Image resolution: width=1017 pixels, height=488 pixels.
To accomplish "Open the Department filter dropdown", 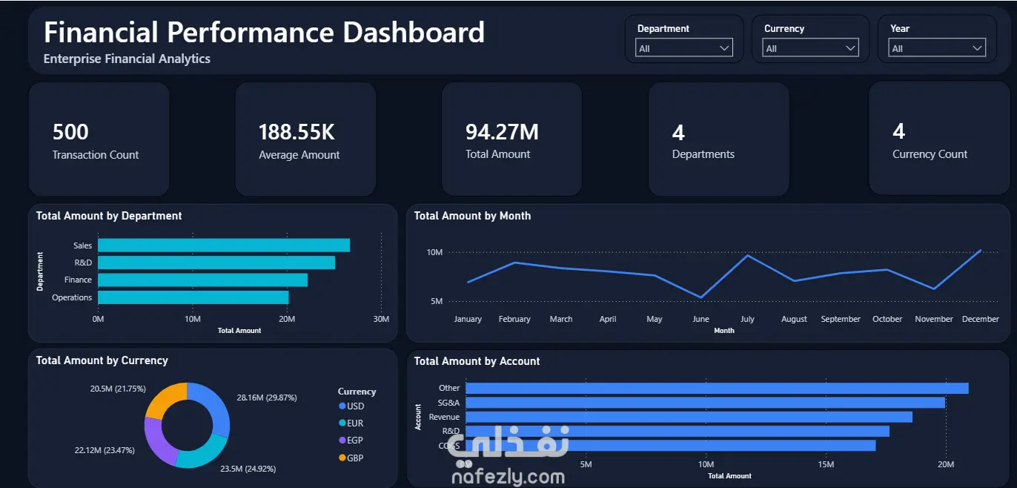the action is click(x=683, y=47).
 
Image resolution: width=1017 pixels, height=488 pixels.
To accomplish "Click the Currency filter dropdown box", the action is click(x=810, y=47).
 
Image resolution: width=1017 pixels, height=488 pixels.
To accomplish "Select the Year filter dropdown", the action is click(x=937, y=47).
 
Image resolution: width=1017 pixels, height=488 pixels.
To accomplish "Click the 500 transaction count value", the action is click(x=70, y=132).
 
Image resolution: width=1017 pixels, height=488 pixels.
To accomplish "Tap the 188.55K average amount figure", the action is click(x=297, y=132).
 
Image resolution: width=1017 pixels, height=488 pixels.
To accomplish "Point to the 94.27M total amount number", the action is click(x=502, y=132).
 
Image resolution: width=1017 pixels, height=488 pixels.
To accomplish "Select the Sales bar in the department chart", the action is click(x=224, y=245).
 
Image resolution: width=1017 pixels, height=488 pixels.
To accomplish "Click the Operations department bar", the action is click(x=193, y=297).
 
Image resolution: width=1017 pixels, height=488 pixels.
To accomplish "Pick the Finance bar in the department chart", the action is click(x=202, y=280).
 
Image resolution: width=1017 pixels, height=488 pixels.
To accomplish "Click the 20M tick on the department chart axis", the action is click(x=287, y=319).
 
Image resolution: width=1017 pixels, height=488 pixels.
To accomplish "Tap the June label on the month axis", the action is click(x=700, y=319).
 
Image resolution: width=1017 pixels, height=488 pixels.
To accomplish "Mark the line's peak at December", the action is click(x=981, y=250).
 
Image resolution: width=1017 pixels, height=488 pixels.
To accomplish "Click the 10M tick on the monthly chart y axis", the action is click(x=434, y=252).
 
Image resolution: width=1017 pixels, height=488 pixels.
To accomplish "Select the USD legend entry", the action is click(x=351, y=406).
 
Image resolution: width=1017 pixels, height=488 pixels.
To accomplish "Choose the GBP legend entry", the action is click(x=351, y=458).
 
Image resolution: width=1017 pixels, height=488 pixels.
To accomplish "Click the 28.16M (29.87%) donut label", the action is click(x=267, y=398).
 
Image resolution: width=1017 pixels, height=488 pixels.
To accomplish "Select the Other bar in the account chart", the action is click(x=717, y=388).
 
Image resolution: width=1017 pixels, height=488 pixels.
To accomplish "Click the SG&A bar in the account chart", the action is click(x=705, y=403).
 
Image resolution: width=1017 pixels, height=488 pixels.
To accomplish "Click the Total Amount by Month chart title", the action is click(x=472, y=216).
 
